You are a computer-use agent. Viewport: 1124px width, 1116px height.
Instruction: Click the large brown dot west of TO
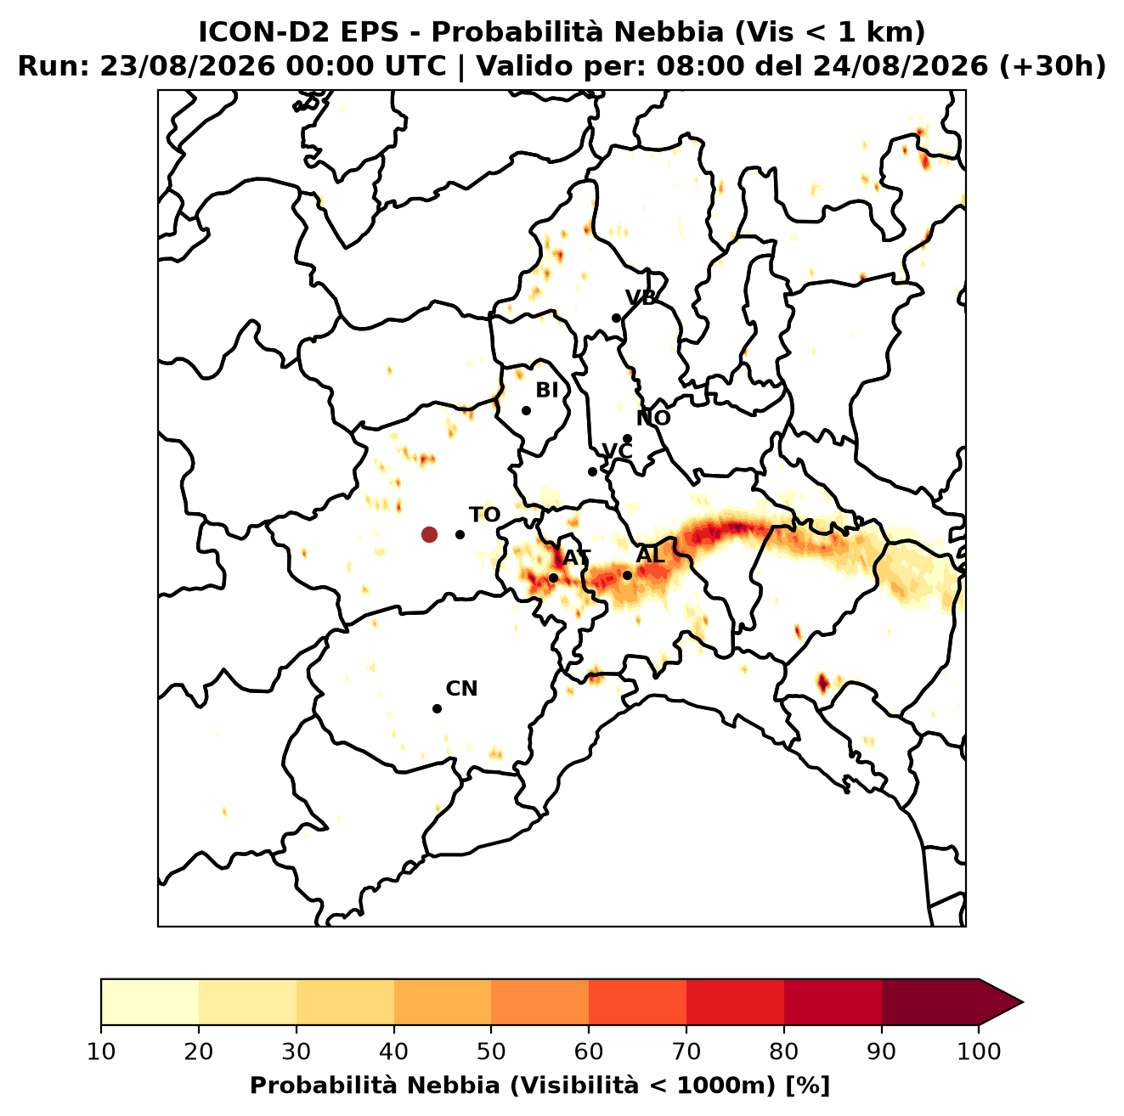point(429,533)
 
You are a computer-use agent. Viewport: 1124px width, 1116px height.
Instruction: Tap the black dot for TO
point(460,534)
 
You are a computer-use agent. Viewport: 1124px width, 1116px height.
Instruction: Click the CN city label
point(461,689)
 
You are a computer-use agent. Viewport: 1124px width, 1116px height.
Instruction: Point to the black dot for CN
point(437,708)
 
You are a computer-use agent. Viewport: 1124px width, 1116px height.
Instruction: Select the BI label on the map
point(546,391)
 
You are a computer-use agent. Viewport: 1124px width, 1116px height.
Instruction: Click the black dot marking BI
point(526,411)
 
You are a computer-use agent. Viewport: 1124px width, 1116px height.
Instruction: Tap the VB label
point(641,297)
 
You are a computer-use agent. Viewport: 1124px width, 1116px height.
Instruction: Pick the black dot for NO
point(627,439)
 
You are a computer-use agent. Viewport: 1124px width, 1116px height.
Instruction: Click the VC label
point(617,451)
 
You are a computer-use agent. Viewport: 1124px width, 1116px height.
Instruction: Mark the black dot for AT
point(553,578)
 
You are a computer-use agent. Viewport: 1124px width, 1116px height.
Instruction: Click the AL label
point(650,555)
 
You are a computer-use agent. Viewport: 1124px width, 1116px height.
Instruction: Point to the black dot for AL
point(627,575)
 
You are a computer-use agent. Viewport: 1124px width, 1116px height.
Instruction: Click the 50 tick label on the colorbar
point(491,1051)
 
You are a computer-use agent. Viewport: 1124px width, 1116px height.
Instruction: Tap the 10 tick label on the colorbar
point(101,1051)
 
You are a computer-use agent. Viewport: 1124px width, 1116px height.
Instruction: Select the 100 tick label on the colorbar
point(980,1051)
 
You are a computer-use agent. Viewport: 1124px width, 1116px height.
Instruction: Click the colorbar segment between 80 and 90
point(833,1002)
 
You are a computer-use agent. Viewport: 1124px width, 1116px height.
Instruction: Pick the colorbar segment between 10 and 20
point(150,1002)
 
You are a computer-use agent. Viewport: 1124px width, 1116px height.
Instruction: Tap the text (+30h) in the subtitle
point(1053,66)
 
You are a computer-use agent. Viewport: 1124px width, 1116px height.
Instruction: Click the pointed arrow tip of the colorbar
point(1023,1002)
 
